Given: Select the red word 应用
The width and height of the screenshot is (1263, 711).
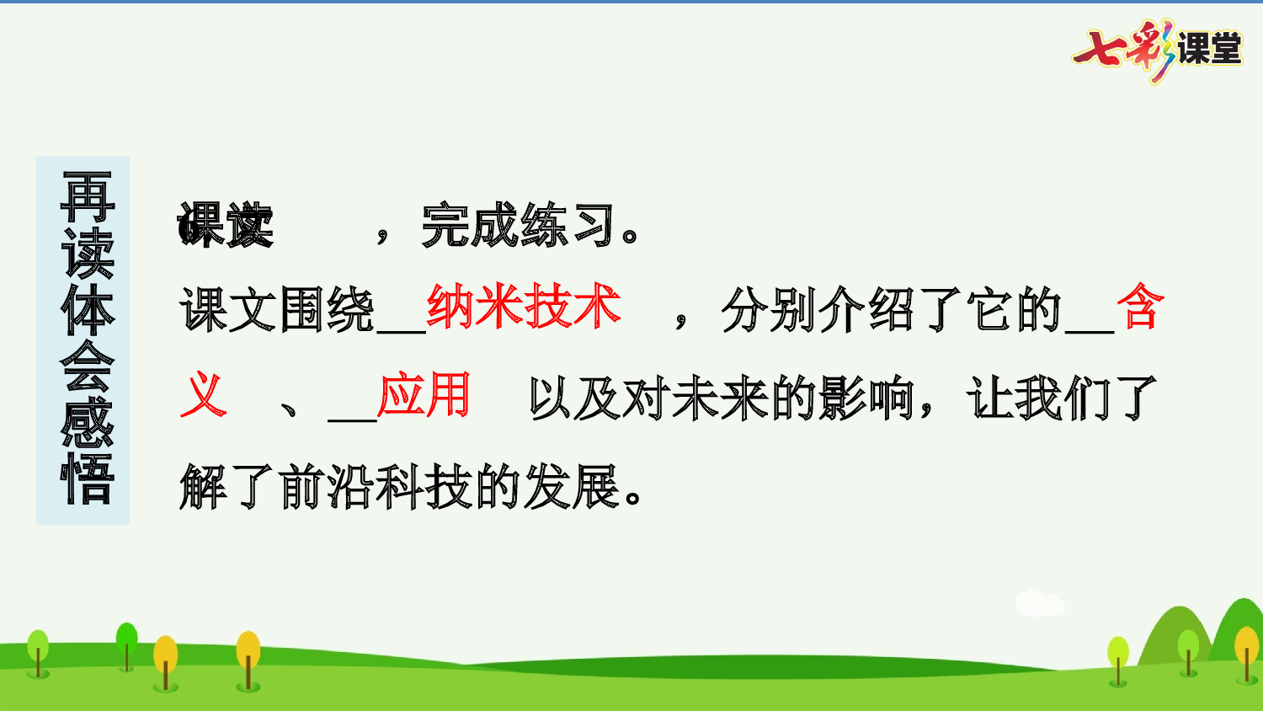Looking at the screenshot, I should tap(424, 395).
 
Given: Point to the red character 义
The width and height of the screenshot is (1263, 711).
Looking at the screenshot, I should tap(204, 395).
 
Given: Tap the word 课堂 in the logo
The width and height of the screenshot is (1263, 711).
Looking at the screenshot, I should tap(1209, 49).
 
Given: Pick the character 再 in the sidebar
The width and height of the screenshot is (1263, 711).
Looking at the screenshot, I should tap(88, 195).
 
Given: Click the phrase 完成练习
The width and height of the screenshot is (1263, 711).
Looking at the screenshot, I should tap(519, 226).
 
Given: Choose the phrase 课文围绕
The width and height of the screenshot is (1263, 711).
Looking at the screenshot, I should tap(276, 309).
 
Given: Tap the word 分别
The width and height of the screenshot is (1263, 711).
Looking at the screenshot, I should tap(770, 309).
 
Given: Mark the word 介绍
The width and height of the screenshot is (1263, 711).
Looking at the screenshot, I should tap(867, 309).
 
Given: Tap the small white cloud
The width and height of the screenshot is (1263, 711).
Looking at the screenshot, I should tap(1039, 602).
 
